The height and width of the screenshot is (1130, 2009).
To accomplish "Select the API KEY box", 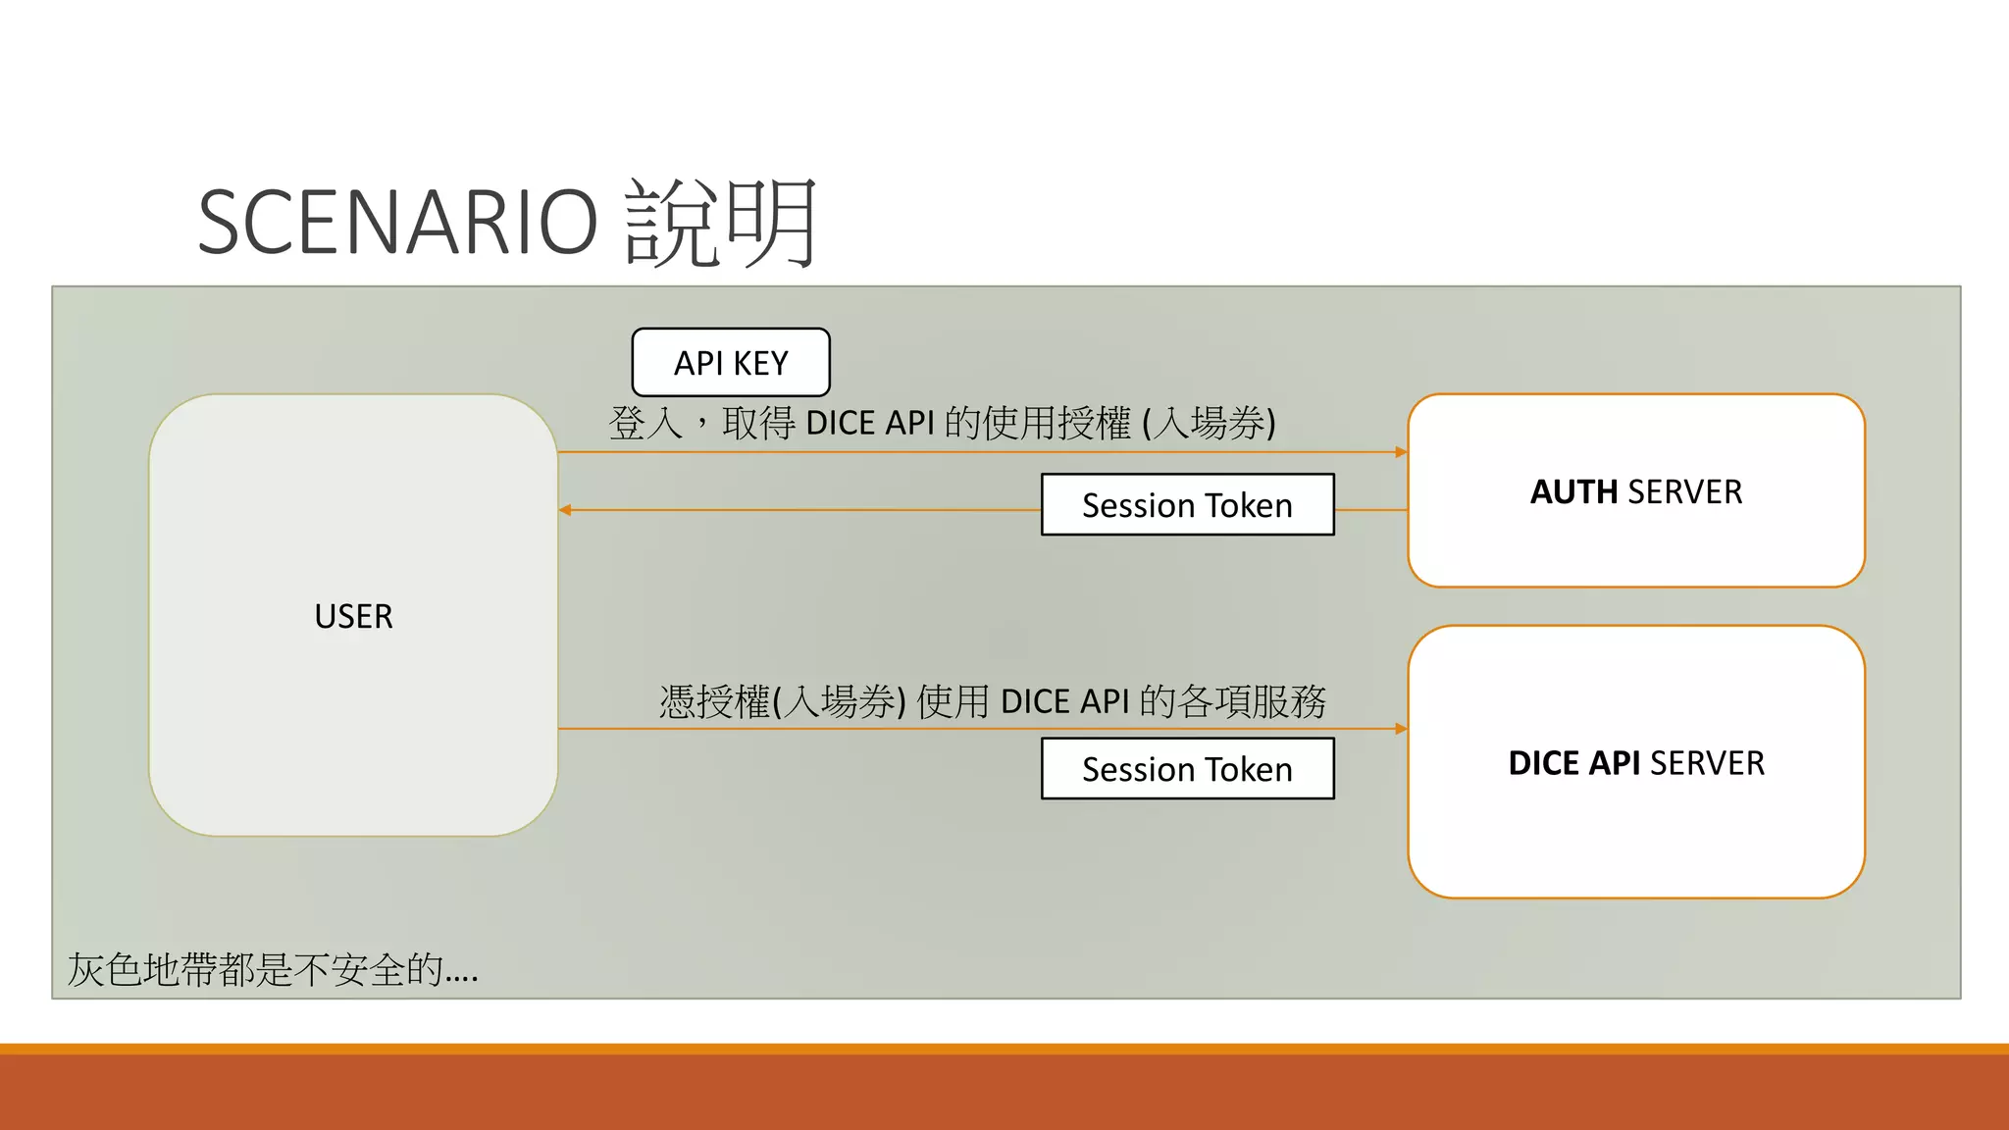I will [x=731, y=363].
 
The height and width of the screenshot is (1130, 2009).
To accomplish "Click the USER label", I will [x=353, y=616].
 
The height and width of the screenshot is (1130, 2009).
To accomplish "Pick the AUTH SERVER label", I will [x=1636, y=491].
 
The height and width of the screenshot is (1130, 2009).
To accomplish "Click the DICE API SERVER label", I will [x=1636, y=763].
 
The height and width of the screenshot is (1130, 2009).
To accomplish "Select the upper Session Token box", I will [x=1187, y=505].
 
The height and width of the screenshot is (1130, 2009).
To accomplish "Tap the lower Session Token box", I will [x=1187, y=769].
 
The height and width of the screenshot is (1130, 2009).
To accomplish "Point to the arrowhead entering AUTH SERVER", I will [x=1401, y=452].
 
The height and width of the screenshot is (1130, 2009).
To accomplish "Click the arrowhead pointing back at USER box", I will [x=565, y=510].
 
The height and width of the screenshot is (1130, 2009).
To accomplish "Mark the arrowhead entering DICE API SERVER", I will [x=1401, y=729].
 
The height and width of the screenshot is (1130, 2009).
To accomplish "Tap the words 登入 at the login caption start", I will [x=644, y=424].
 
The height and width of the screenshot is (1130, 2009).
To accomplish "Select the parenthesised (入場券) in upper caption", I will [x=1209, y=424].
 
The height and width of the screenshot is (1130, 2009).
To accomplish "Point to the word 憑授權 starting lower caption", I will [x=714, y=702].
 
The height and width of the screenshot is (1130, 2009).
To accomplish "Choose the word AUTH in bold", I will [x=1573, y=491].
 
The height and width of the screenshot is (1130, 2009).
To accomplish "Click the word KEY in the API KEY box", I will [x=760, y=363].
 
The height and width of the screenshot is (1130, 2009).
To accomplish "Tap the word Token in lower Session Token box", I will [x=1249, y=769].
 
